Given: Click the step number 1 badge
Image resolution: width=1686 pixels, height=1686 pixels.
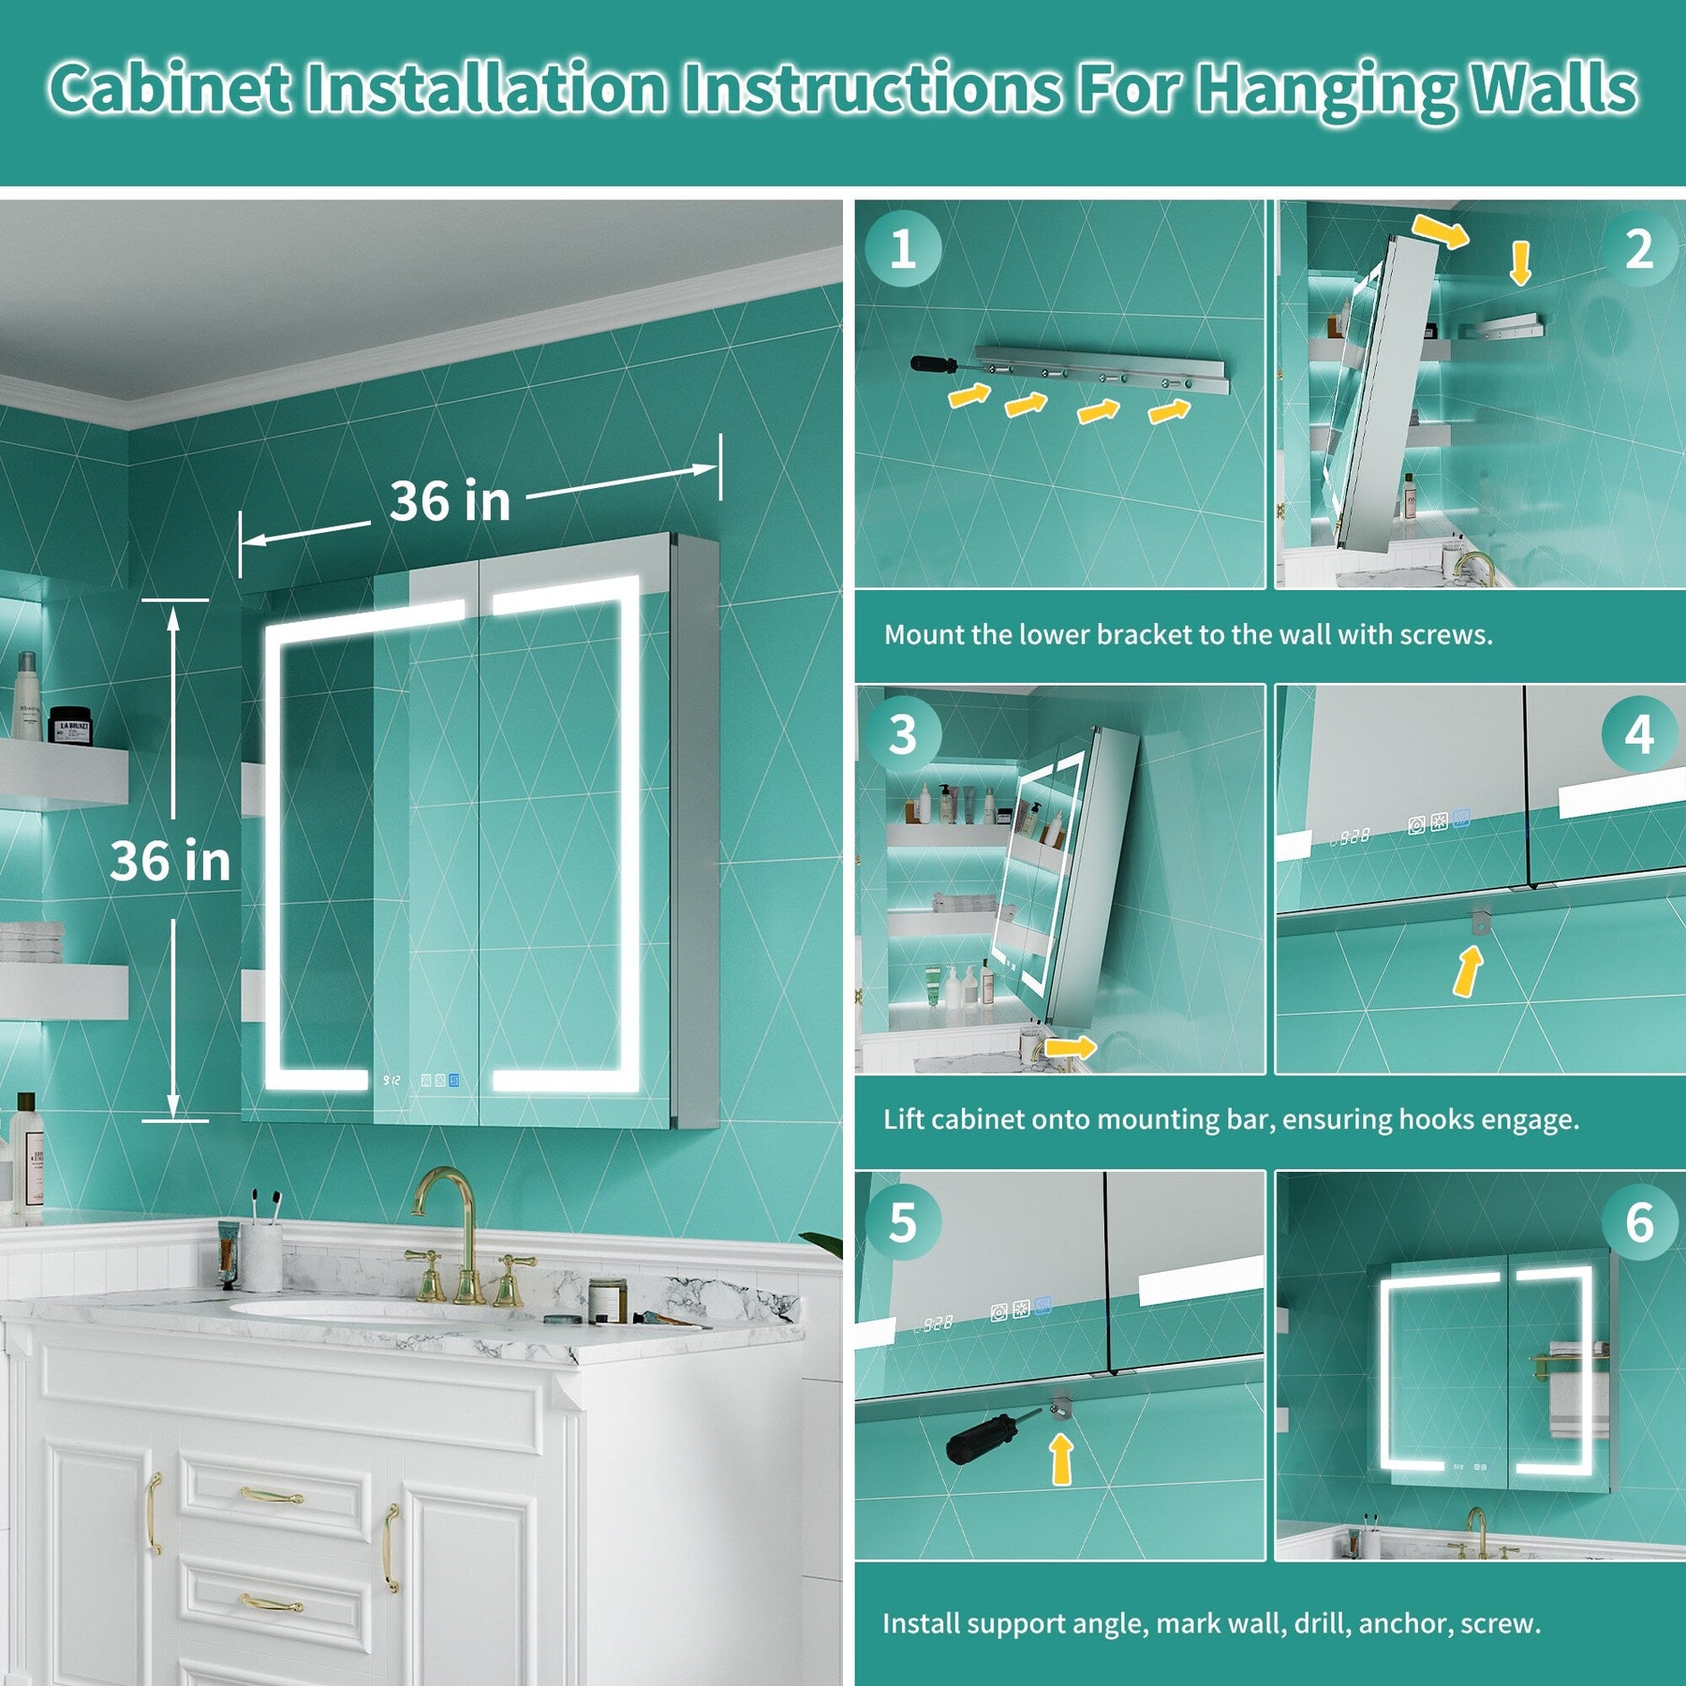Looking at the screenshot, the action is click(x=903, y=249).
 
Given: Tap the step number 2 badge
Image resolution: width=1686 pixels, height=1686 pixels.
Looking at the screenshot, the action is click(x=1638, y=249).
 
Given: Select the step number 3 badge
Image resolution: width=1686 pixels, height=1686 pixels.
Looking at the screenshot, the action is click(x=903, y=734).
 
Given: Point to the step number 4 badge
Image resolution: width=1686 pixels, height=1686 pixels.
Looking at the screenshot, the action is click(x=1638, y=734).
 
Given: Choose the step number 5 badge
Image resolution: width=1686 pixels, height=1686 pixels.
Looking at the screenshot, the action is click(x=903, y=1222).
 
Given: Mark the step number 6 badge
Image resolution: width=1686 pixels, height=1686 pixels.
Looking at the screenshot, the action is click(x=1638, y=1222).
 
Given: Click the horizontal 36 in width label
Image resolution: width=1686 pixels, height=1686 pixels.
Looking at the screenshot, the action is click(x=450, y=501).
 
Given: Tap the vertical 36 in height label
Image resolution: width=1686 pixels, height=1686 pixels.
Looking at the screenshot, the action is click(x=170, y=861).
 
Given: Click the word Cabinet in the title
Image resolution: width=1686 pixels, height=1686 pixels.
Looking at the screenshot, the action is click(x=170, y=89).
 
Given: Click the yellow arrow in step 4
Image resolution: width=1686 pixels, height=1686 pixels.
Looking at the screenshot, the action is click(x=1468, y=970).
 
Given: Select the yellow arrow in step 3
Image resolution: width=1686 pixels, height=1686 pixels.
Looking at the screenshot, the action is click(x=1071, y=1046).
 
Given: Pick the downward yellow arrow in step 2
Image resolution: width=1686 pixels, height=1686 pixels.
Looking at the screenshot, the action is click(x=1520, y=263).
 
